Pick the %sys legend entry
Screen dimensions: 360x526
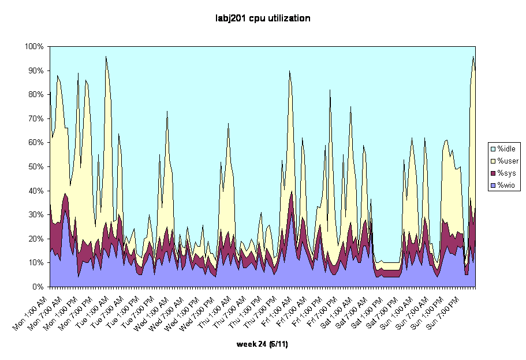tap(506, 173)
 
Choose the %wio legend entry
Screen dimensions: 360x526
tap(506, 185)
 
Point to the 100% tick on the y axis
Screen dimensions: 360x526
tap(35, 46)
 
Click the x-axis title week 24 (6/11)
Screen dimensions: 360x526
tap(263, 344)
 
